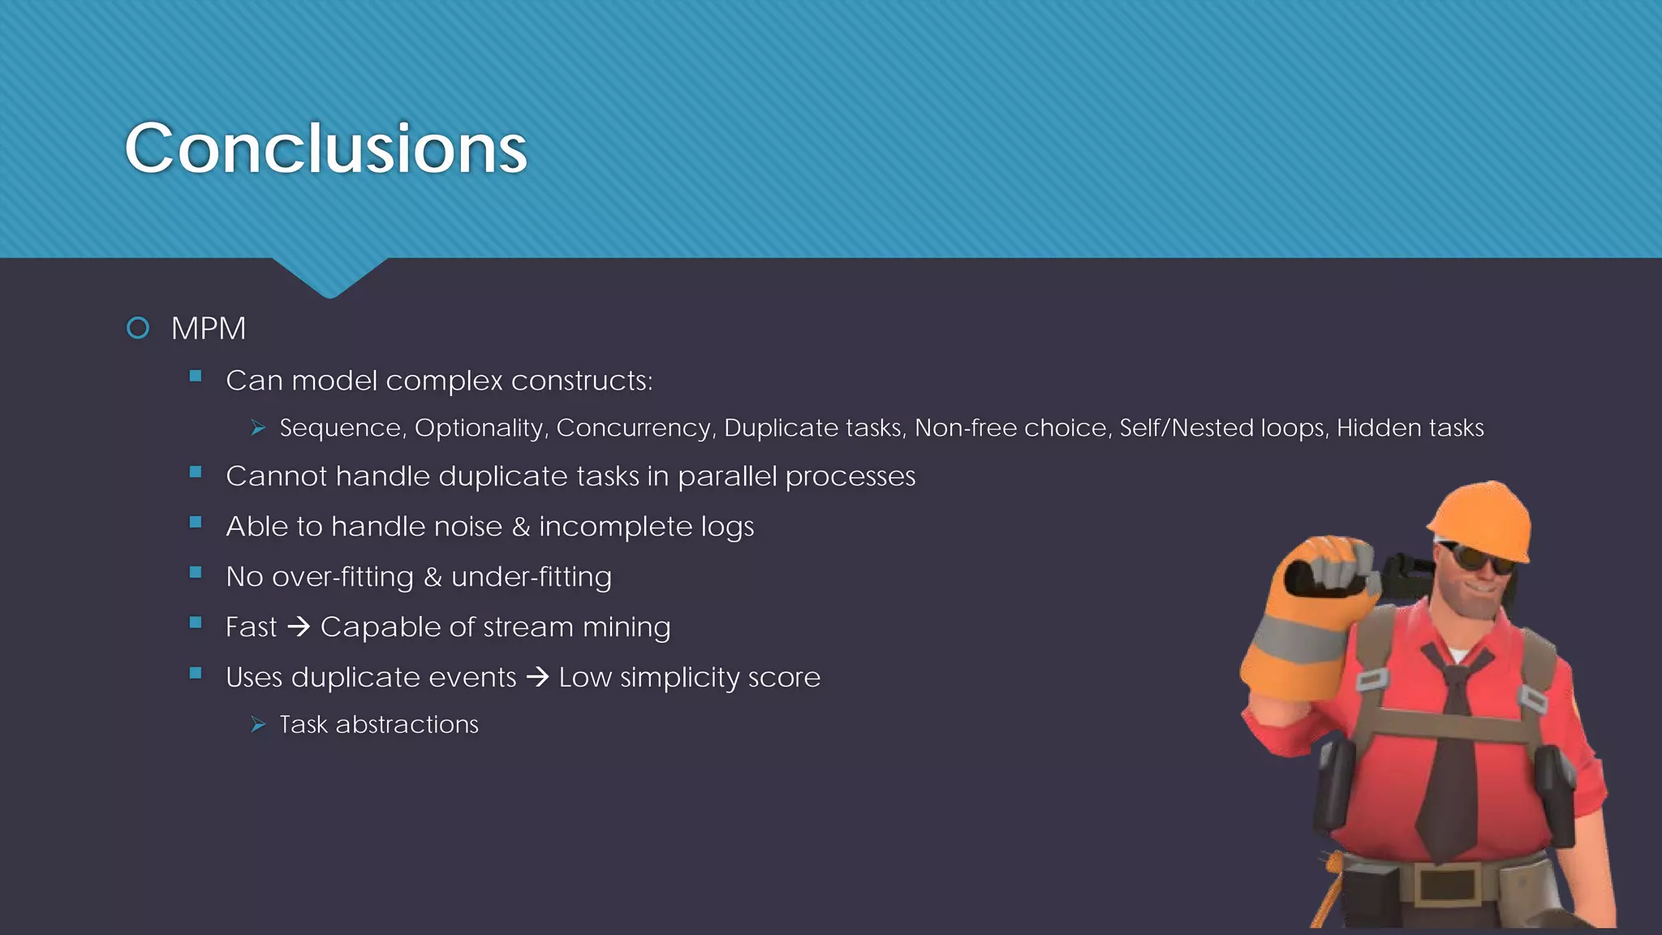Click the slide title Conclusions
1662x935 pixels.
coord(325,149)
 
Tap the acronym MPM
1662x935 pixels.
coord(209,329)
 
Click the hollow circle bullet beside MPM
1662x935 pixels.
coord(138,328)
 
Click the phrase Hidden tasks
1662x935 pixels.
coord(1410,428)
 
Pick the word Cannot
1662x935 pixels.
coord(276,476)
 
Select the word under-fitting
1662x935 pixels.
coord(531,577)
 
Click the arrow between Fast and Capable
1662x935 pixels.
coord(299,627)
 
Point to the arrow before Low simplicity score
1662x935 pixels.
coord(537,677)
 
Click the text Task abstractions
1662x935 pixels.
coord(379,724)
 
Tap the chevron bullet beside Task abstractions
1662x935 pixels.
coord(258,724)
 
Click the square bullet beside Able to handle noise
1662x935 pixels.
coord(196,523)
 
